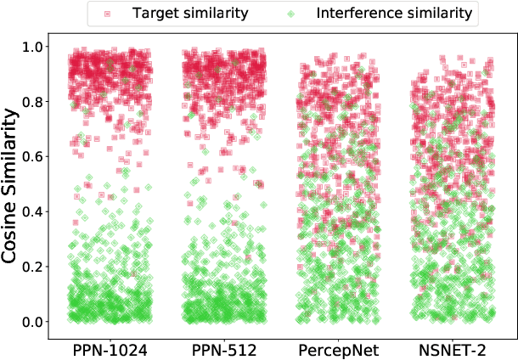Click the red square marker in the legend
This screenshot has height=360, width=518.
(106, 14)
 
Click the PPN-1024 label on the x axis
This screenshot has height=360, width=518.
(110, 349)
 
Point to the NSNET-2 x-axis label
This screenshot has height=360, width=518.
(453, 349)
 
